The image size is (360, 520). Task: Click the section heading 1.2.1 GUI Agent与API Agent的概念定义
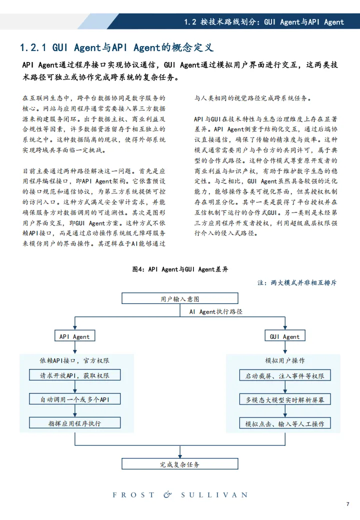coord(116,48)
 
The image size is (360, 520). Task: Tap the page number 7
coord(347,504)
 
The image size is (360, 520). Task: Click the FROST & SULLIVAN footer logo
coord(180,494)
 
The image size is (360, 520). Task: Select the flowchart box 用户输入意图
coord(180,299)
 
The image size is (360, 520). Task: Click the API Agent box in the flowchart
coord(74,336)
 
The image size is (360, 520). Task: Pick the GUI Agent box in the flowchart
coord(284,336)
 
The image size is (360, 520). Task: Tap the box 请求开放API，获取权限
coord(74,375)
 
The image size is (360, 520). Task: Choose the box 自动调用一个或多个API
coord(74,399)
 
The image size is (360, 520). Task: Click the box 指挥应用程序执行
coord(74,423)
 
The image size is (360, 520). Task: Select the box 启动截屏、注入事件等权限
coord(284,375)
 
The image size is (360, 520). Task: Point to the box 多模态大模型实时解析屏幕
coord(284,400)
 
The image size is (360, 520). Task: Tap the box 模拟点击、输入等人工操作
coord(284,424)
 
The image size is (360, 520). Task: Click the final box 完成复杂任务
coord(180,464)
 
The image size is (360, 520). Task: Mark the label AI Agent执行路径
coord(215,311)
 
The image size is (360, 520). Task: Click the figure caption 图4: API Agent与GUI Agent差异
coord(180,269)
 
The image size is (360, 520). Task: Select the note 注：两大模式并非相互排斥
coord(297,282)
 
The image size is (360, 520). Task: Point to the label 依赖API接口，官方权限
coord(74,360)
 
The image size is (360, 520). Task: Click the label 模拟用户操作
coord(284,360)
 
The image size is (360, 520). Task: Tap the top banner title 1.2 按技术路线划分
coord(264,22)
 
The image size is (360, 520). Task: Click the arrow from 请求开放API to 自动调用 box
coord(74,387)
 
